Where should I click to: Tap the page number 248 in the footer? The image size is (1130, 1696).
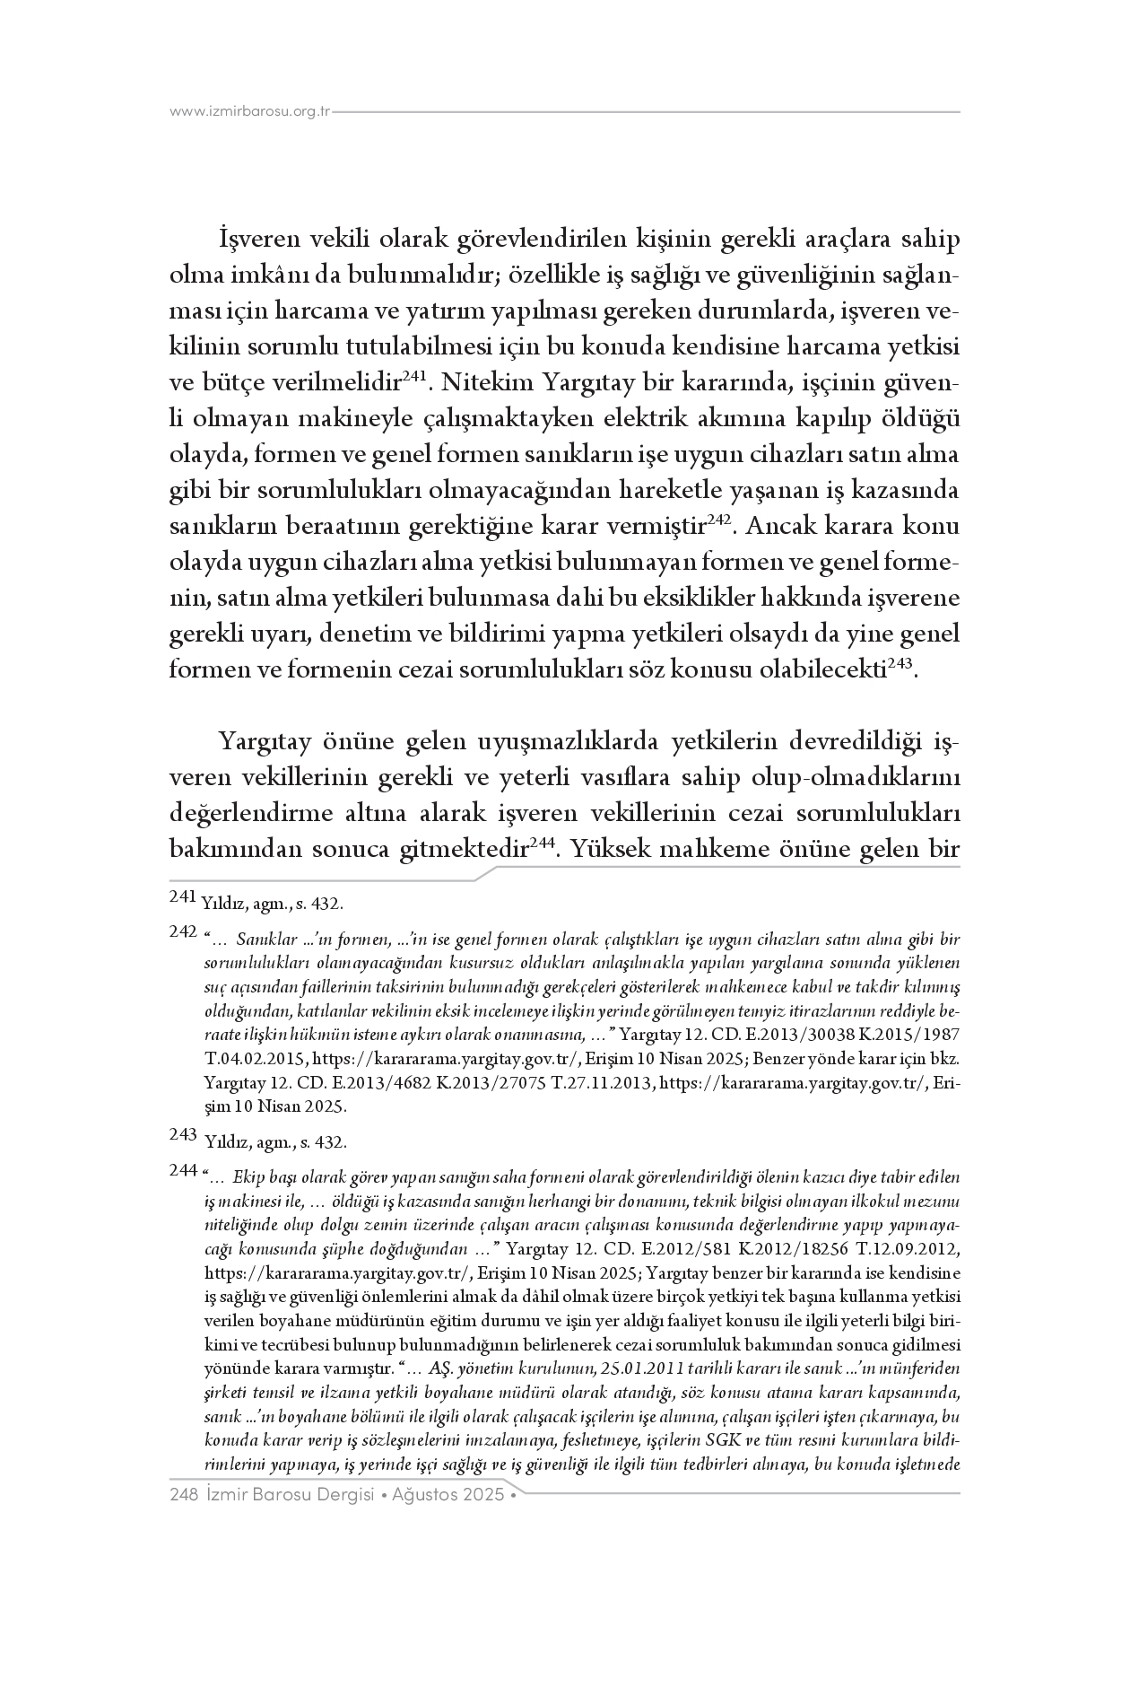(183, 1495)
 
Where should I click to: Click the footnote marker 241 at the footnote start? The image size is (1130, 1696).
(183, 896)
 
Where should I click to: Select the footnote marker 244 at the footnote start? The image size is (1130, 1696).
(183, 1170)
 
